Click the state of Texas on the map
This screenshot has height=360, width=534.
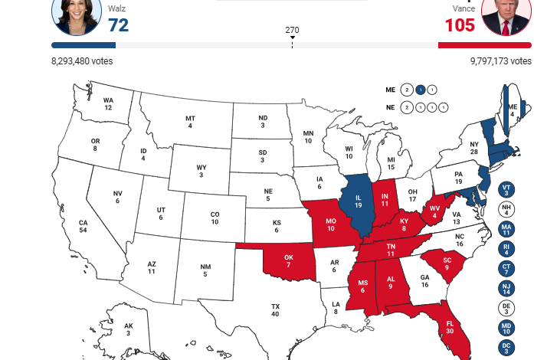(274, 309)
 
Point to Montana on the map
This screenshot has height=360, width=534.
(189, 122)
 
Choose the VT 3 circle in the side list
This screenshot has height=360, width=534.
(506, 188)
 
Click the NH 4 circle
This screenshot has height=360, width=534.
(506, 208)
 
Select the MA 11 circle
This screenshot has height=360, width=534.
(506, 228)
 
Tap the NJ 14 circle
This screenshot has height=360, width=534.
(506, 288)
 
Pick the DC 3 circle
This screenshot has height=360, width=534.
(506, 348)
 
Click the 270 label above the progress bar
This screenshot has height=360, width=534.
(292, 31)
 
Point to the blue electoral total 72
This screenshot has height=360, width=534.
(118, 25)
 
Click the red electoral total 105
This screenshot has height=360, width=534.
(460, 25)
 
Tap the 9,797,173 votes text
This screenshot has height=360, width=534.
(500, 60)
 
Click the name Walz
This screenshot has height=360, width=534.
(117, 8)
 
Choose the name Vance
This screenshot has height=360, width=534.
(464, 8)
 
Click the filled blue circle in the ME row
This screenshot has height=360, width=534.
(420, 90)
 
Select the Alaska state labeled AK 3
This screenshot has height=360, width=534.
(128, 329)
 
